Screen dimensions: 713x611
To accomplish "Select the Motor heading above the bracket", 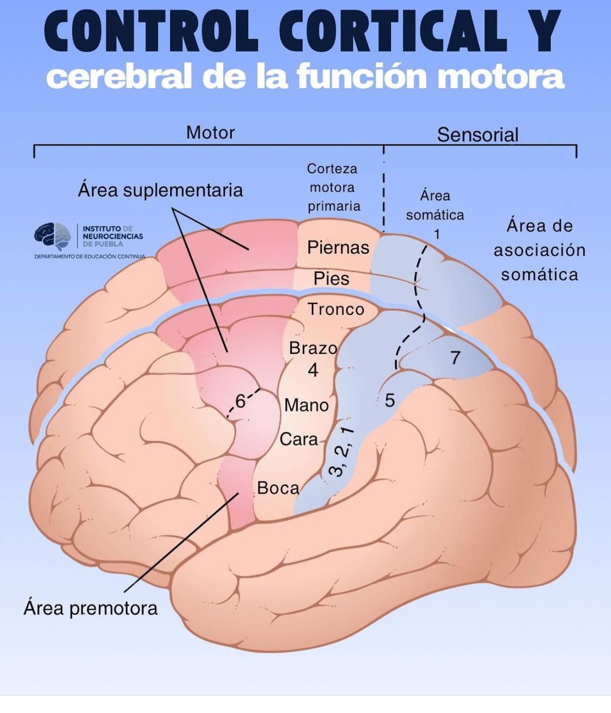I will (x=210, y=132).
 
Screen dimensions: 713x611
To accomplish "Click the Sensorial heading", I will (x=477, y=135).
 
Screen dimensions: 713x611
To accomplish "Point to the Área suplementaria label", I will (x=160, y=190).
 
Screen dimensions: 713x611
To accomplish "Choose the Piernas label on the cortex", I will (x=338, y=248).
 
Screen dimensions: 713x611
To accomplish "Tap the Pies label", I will (x=331, y=279).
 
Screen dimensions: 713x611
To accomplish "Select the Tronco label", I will (x=336, y=309).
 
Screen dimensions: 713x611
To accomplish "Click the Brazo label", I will (x=313, y=348).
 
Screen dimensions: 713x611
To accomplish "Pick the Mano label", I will (x=306, y=405).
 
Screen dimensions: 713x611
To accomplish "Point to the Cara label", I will (x=299, y=439).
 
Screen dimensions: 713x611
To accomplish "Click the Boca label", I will (x=278, y=488).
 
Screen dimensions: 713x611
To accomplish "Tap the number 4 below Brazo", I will (x=313, y=370).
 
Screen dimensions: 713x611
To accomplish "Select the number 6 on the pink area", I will (x=240, y=401).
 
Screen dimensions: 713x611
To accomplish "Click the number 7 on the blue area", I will (x=455, y=357).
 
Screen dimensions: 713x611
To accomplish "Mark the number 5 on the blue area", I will (x=389, y=400).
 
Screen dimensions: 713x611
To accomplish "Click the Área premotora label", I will (x=90, y=608).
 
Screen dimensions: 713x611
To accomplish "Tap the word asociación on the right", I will (x=539, y=250).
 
